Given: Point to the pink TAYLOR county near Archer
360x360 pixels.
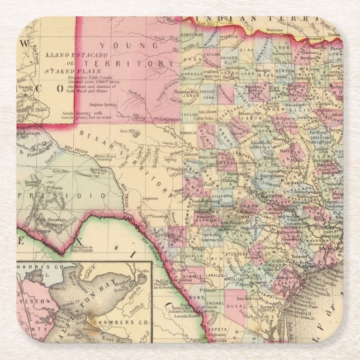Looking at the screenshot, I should [211, 56].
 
